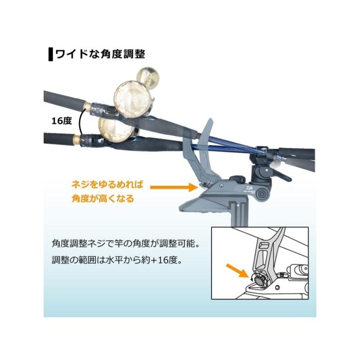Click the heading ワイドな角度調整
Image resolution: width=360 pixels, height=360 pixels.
pyautogui.click(x=100, y=54)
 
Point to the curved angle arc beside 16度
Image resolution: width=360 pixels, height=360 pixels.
pyautogui.click(x=80, y=121)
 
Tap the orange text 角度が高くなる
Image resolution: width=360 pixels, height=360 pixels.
pyautogui.click(x=103, y=198)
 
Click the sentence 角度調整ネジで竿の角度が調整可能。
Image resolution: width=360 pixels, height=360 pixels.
pyautogui.click(x=126, y=246)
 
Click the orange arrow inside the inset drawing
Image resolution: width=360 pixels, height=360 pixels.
pyautogui.click(x=235, y=270)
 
